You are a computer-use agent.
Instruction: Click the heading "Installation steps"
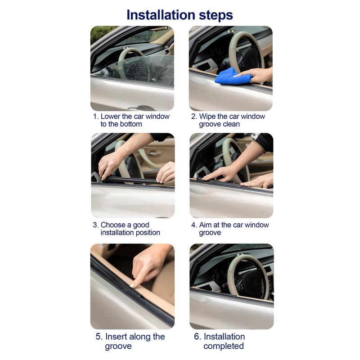tap(180, 14)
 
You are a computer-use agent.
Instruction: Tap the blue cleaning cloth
tap(233, 77)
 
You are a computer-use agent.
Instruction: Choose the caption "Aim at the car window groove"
tap(229, 229)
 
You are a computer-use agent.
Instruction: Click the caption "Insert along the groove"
tap(130, 341)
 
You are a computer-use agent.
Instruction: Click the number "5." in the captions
tap(99, 337)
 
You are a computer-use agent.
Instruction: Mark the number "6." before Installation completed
tap(198, 337)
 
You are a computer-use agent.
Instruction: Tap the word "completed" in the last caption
tap(223, 346)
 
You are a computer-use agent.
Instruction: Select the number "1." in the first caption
tap(95, 117)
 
